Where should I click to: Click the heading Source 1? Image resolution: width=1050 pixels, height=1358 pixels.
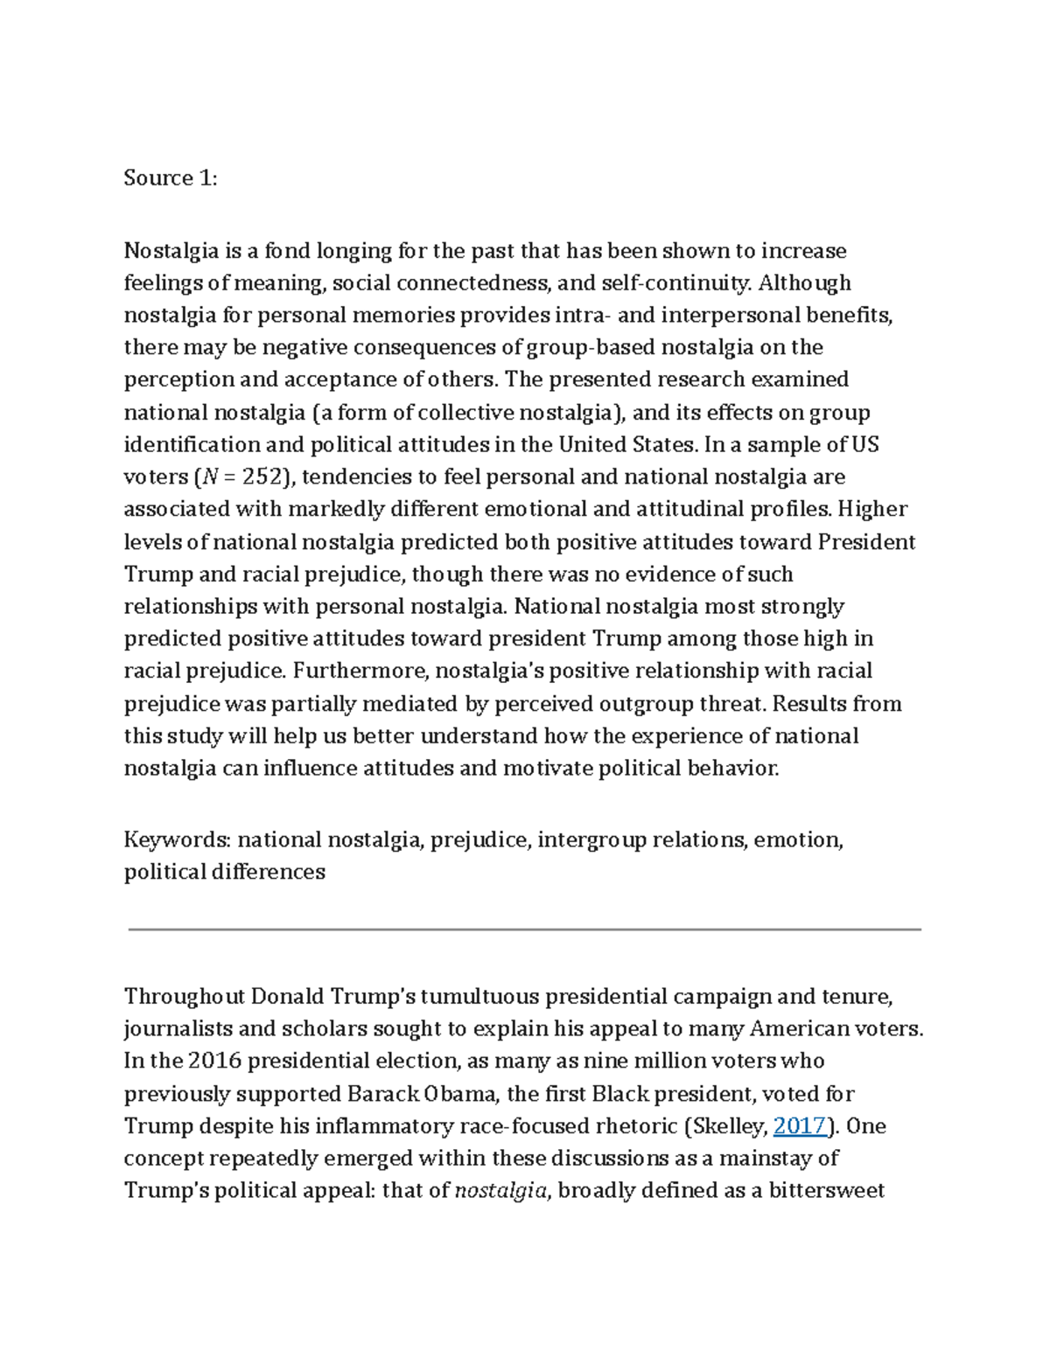tap(170, 178)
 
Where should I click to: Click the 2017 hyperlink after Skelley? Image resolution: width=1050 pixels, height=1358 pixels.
tap(800, 1125)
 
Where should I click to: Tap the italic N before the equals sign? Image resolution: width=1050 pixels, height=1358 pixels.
tap(208, 477)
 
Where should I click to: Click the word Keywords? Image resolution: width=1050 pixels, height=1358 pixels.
tap(178, 840)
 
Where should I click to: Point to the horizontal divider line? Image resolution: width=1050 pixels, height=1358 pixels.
tap(525, 930)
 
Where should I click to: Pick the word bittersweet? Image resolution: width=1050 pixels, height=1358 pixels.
tap(827, 1190)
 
